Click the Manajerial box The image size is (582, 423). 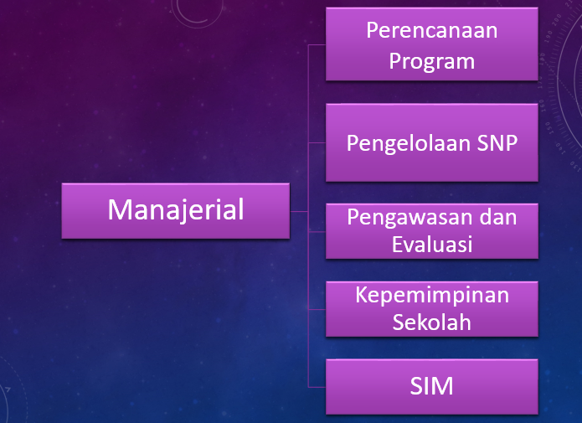pyautogui.click(x=176, y=210)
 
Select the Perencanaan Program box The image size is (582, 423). pyautogui.click(x=431, y=44)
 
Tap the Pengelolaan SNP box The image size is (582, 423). pyautogui.click(x=431, y=142)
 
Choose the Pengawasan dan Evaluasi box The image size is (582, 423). pyautogui.click(x=431, y=231)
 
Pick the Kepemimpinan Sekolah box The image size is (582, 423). pyautogui.click(x=431, y=309)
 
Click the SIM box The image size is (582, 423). pyautogui.click(x=431, y=386)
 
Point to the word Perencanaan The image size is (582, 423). pyautogui.click(x=432, y=31)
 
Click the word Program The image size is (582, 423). pyautogui.click(x=432, y=60)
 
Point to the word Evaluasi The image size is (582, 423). pyautogui.click(x=432, y=245)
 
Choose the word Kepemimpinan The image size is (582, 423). pyautogui.click(x=432, y=295)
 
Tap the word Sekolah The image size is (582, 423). pyautogui.click(x=432, y=322)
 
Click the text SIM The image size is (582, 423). pyautogui.click(x=432, y=386)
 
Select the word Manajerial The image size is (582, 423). pyautogui.click(x=176, y=209)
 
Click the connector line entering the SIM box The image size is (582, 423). pyautogui.click(x=317, y=387)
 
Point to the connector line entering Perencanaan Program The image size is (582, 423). pyautogui.click(x=317, y=45)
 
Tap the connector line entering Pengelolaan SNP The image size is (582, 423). pyautogui.click(x=317, y=142)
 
